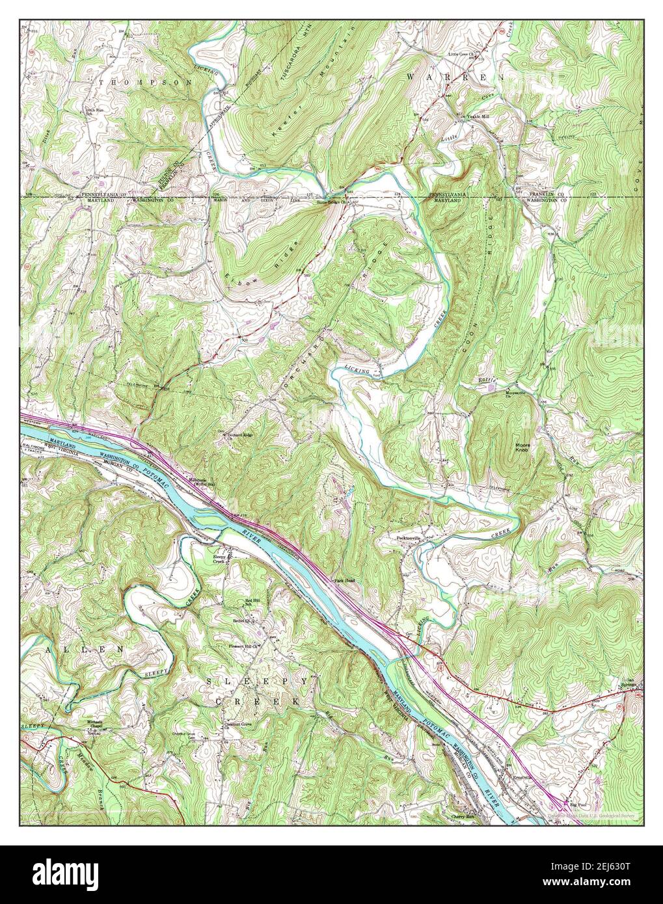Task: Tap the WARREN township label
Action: point(455,77)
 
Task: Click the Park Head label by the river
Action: point(343,580)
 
